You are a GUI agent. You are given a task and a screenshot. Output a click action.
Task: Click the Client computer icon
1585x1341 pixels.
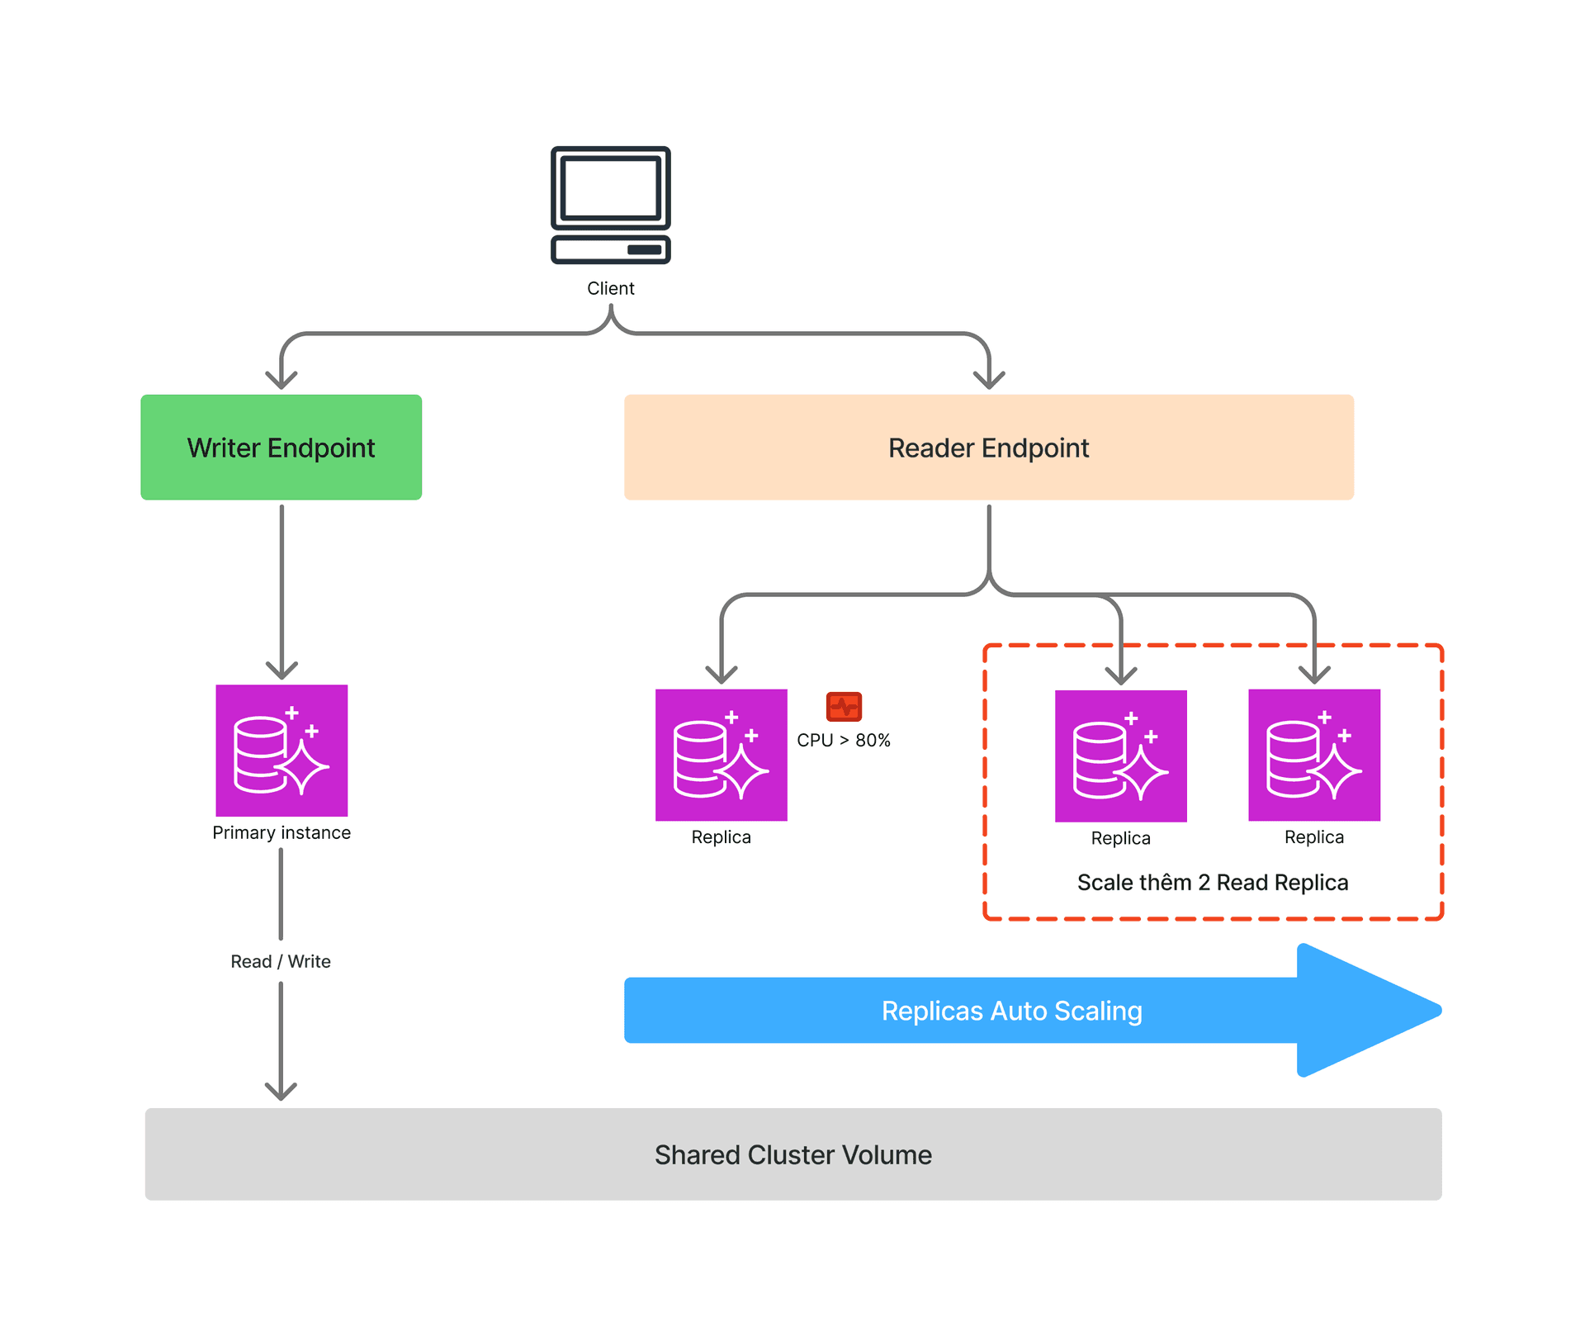click(x=610, y=205)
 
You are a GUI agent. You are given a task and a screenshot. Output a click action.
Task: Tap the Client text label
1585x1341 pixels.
click(x=610, y=288)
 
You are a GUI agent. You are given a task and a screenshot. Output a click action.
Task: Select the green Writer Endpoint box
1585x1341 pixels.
click(x=281, y=447)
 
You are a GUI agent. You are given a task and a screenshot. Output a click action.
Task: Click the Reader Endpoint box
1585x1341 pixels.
click(x=988, y=447)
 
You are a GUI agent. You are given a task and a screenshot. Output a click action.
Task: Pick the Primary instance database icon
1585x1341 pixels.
click(x=282, y=750)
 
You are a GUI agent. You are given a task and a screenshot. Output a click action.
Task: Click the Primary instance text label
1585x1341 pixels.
click(x=282, y=832)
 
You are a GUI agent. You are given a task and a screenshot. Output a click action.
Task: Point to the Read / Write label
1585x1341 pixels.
click(x=281, y=961)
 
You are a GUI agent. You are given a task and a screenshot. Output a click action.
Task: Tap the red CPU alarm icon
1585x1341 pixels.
click(x=844, y=707)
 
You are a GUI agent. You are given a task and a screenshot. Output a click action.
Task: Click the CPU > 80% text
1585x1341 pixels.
click(x=844, y=740)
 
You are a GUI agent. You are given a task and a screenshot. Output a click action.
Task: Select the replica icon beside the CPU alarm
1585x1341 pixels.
click(x=721, y=755)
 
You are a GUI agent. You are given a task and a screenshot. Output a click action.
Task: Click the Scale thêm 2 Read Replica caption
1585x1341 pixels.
click(x=1212, y=882)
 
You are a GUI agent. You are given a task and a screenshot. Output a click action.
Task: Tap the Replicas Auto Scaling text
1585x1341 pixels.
click(x=1011, y=1011)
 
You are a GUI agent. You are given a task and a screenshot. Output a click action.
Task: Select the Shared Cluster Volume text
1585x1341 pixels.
click(x=792, y=1154)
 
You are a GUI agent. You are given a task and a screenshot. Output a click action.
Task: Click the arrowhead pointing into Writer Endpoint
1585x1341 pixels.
click(x=282, y=380)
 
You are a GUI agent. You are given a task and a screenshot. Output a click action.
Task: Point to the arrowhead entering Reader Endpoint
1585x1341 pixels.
click(x=989, y=380)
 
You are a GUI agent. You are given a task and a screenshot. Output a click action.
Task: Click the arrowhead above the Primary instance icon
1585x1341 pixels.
click(x=282, y=670)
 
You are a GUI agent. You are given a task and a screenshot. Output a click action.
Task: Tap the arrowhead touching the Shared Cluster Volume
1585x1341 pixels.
click(x=281, y=1092)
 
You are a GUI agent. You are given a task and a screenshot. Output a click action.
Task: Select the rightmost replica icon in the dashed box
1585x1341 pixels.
click(x=1313, y=755)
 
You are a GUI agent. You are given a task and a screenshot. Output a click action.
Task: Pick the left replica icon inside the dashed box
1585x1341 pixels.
click(x=1120, y=756)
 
